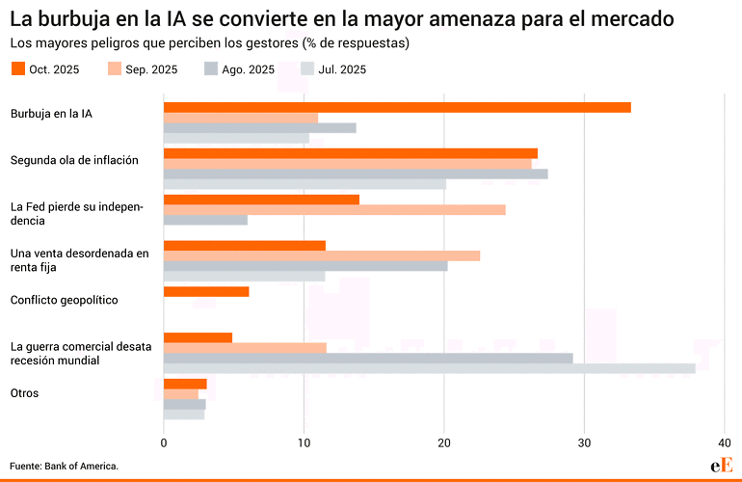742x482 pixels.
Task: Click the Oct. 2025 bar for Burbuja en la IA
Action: [397, 107]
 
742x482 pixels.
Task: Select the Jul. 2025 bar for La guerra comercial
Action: [429, 368]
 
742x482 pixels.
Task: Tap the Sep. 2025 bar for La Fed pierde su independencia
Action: [334, 209]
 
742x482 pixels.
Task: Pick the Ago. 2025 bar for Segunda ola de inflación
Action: [356, 174]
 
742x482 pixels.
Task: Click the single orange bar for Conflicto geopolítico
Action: [206, 291]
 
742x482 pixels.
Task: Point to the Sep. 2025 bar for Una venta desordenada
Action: [322, 255]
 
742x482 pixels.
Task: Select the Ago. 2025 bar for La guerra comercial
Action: [368, 358]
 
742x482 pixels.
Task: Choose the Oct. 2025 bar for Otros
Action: [185, 384]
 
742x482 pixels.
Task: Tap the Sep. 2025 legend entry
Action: [141, 69]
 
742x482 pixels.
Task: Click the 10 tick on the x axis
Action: [304, 442]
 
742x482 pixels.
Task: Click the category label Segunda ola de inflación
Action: [74, 160]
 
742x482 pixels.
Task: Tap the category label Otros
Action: [24, 392]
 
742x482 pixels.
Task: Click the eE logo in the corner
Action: [721, 465]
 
